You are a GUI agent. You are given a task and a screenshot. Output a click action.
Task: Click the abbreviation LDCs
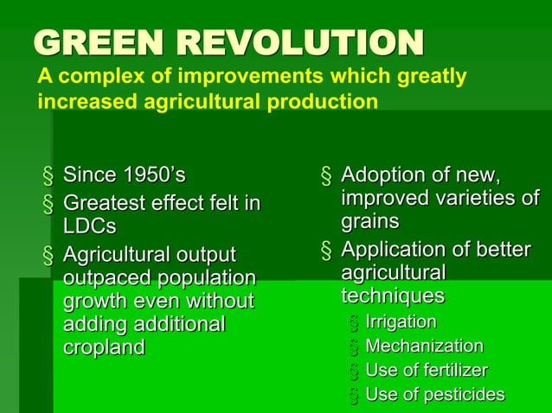coord(89,226)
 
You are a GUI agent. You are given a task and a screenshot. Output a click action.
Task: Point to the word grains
coord(369,221)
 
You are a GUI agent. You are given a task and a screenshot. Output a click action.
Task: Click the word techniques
coord(392,295)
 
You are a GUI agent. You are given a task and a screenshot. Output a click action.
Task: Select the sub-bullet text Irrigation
coord(401,322)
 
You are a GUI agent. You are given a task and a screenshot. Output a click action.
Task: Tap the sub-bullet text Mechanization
coord(424,346)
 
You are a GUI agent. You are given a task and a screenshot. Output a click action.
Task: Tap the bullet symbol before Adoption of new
coord(326,177)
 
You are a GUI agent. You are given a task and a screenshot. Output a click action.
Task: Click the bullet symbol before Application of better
coord(326,251)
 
